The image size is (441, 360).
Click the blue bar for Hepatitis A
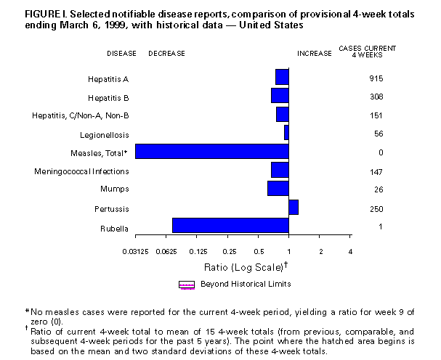pyautogui.click(x=282, y=77)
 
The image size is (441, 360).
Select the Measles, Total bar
pyautogui.click(x=211, y=152)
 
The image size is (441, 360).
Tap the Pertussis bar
pyautogui.click(x=293, y=208)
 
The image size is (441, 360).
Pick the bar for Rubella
pyautogui.click(x=230, y=226)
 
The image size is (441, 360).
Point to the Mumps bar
pyautogui.click(x=278, y=189)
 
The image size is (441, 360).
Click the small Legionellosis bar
pyautogui.click(x=286, y=132)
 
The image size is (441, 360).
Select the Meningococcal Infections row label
pyautogui.click(x=81, y=171)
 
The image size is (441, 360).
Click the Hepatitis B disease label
pyautogui.click(x=109, y=96)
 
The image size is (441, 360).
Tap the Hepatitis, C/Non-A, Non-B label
pyautogui.click(x=81, y=115)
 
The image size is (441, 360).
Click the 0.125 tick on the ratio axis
pyautogui.click(x=197, y=251)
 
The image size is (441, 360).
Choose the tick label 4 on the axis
pyautogui.click(x=351, y=251)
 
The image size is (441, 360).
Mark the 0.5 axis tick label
pyautogui.click(x=259, y=251)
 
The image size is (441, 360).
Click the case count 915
pyautogui.click(x=376, y=78)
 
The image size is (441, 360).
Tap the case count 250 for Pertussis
pyautogui.click(x=376, y=209)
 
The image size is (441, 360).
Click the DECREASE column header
pyautogui.click(x=166, y=53)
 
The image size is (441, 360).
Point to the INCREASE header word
pyautogui.click(x=313, y=53)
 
